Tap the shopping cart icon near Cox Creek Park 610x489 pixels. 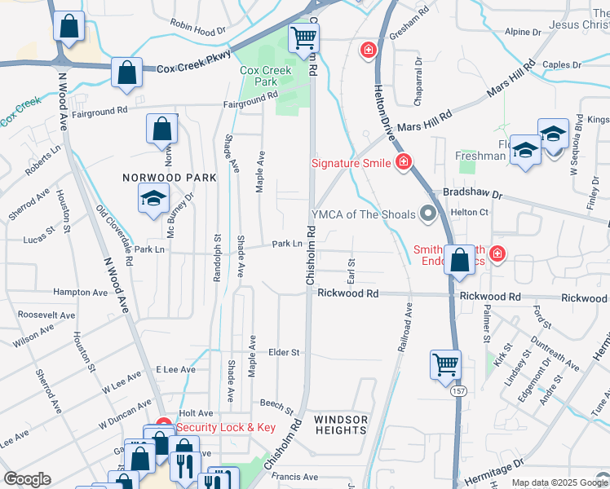point(303,37)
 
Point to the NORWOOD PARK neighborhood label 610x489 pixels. point(170,177)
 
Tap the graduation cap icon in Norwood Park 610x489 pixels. point(153,198)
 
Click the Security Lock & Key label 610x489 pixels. point(226,427)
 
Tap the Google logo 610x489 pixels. point(27,479)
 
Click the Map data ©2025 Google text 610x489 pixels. point(559,482)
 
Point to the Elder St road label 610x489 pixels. point(285,353)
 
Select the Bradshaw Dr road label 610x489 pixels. point(472,194)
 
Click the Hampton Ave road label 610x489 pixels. point(80,292)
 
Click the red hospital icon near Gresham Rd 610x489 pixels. point(369,51)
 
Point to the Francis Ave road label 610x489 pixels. point(294,477)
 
